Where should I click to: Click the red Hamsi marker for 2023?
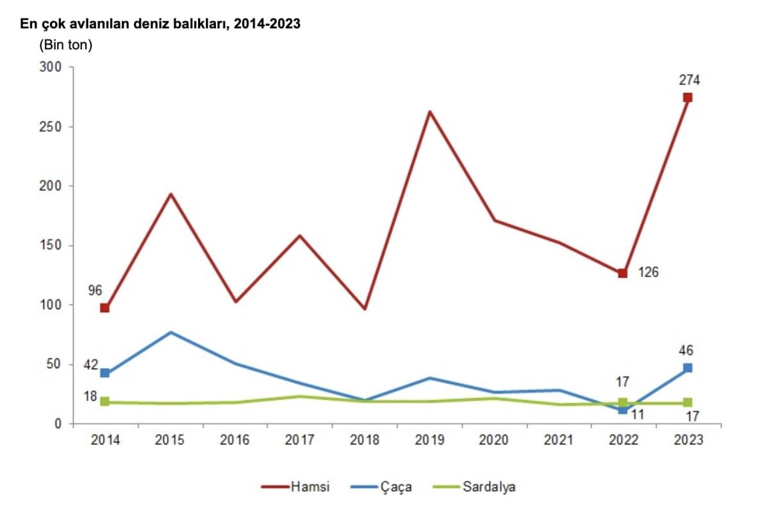(688, 97)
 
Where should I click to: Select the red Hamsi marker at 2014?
(104, 308)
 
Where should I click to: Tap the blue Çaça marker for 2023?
(688, 368)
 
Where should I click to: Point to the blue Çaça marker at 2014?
(104, 373)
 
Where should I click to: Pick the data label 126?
(648, 273)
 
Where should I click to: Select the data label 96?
(95, 290)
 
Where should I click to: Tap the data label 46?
(686, 351)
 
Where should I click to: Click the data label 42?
(91, 365)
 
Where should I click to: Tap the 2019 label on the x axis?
(429, 441)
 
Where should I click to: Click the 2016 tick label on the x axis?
(235, 441)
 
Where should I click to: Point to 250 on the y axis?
(50, 126)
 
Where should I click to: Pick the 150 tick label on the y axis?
(50, 246)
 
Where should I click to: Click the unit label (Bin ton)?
(66, 46)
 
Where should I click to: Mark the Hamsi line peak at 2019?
(429, 112)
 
